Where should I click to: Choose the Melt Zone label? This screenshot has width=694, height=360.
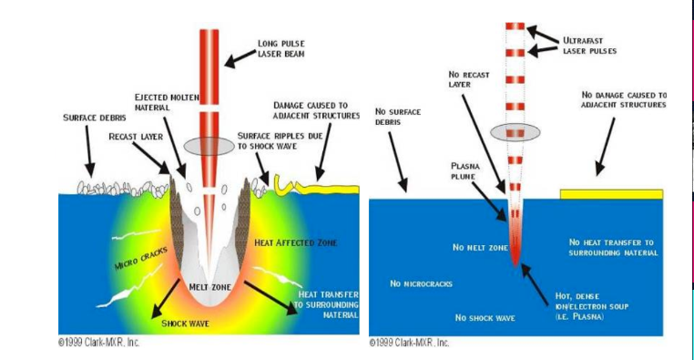[x=209, y=286]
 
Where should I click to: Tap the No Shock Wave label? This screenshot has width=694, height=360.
[x=487, y=318]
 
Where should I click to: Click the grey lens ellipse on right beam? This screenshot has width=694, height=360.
[x=515, y=133]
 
